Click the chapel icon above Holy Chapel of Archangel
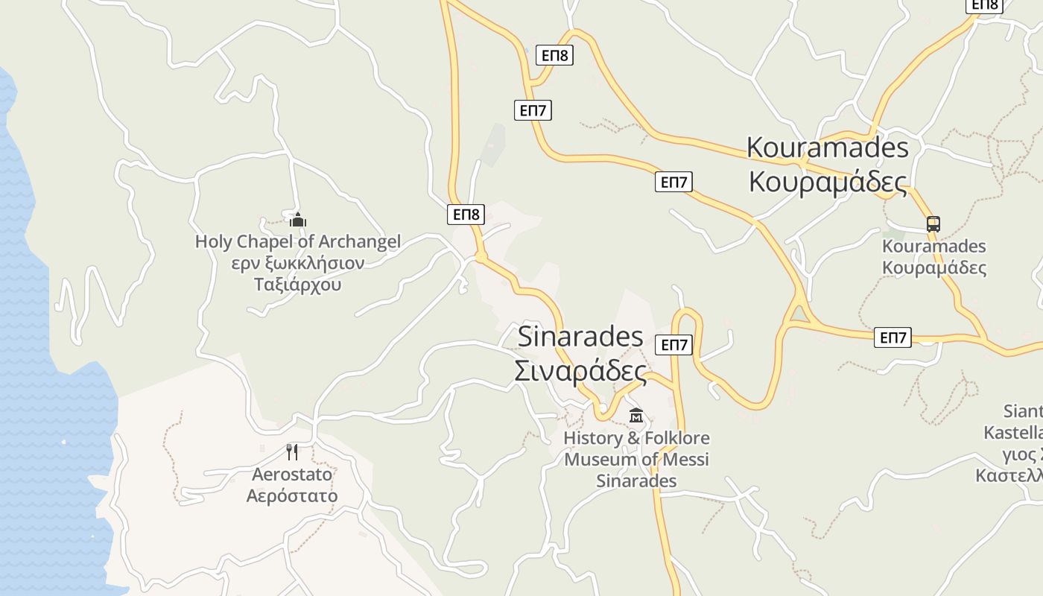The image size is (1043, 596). pos(298,220)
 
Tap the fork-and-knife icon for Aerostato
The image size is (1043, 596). pos(292,451)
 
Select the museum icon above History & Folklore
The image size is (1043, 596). pos(635,415)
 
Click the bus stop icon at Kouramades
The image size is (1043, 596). pos(933,223)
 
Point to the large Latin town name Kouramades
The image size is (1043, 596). pos(828,148)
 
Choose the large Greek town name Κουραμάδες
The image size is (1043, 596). pos(828,182)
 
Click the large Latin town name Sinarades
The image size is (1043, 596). pos(580,336)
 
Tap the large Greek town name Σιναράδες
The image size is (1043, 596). pos(580,370)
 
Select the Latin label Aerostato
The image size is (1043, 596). pos(292,475)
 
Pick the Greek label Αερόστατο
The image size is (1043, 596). pos(292,495)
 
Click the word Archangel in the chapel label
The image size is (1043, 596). pos(360,241)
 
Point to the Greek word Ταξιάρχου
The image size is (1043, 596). pos(297,285)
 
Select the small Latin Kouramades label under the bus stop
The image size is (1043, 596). pos(934,247)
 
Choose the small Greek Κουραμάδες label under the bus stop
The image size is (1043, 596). pos(934,268)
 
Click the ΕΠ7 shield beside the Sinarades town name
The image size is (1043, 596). pos(673,345)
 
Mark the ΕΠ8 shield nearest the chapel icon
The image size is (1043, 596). pos(466,215)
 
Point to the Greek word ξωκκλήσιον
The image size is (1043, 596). pos(317,263)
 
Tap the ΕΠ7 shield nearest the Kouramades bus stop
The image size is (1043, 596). pos(893,337)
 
